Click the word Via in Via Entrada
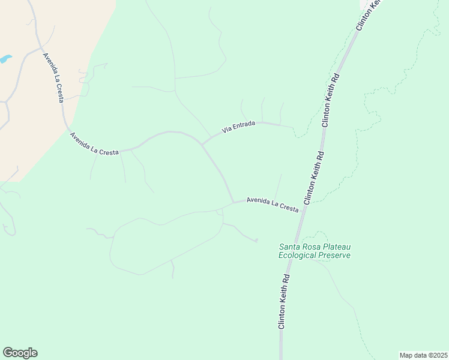click(226, 129)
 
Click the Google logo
click(20, 353)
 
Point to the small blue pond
click(5, 59)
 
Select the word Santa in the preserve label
click(290, 247)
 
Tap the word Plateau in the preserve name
click(338, 247)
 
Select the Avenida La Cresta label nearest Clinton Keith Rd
click(273, 204)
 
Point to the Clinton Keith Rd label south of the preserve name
click(284, 301)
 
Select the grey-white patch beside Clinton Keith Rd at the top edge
click(364, 4)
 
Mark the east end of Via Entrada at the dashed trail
click(293, 127)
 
